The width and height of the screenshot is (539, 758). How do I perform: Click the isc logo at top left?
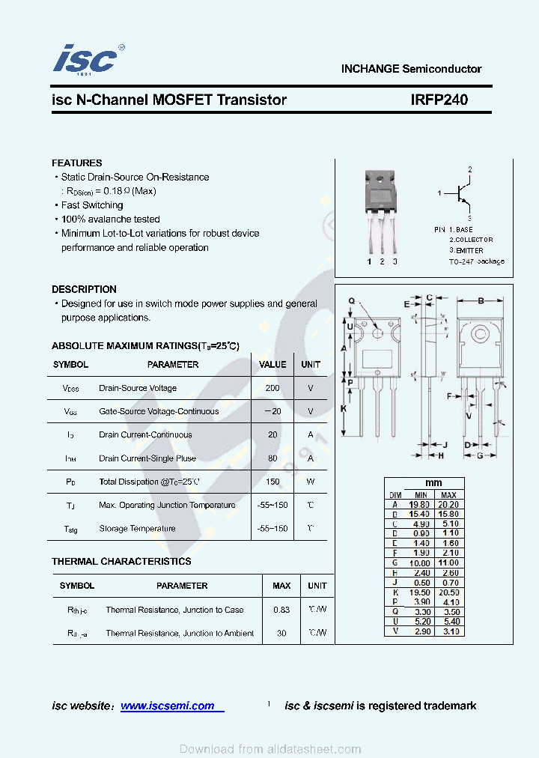(87, 58)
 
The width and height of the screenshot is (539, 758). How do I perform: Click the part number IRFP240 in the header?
(439, 100)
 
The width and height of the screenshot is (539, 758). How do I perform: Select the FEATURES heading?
(76, 163)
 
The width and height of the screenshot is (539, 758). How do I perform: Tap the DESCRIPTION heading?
(84, 289)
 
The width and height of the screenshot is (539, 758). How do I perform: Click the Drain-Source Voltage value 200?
(272, 388)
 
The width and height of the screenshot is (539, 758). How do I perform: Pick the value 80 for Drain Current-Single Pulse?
(272, 458)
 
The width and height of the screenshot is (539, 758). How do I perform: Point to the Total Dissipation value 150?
(272, 482)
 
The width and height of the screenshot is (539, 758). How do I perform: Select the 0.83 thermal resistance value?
(281, 610)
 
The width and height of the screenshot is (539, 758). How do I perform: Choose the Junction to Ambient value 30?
(281, 633)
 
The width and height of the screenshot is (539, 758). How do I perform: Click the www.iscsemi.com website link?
(168, 706)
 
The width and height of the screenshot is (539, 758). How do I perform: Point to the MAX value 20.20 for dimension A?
(448, 504)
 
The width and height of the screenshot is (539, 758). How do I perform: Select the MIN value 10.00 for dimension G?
(420, 563)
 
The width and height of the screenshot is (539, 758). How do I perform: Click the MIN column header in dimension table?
(420, 495)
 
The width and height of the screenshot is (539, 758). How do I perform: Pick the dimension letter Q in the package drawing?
(351, 301)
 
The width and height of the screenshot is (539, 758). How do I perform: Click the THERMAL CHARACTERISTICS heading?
(121, 561)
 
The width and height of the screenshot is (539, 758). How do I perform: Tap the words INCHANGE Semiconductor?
(411, 69)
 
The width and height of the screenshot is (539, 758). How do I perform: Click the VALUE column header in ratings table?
(272, 365)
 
